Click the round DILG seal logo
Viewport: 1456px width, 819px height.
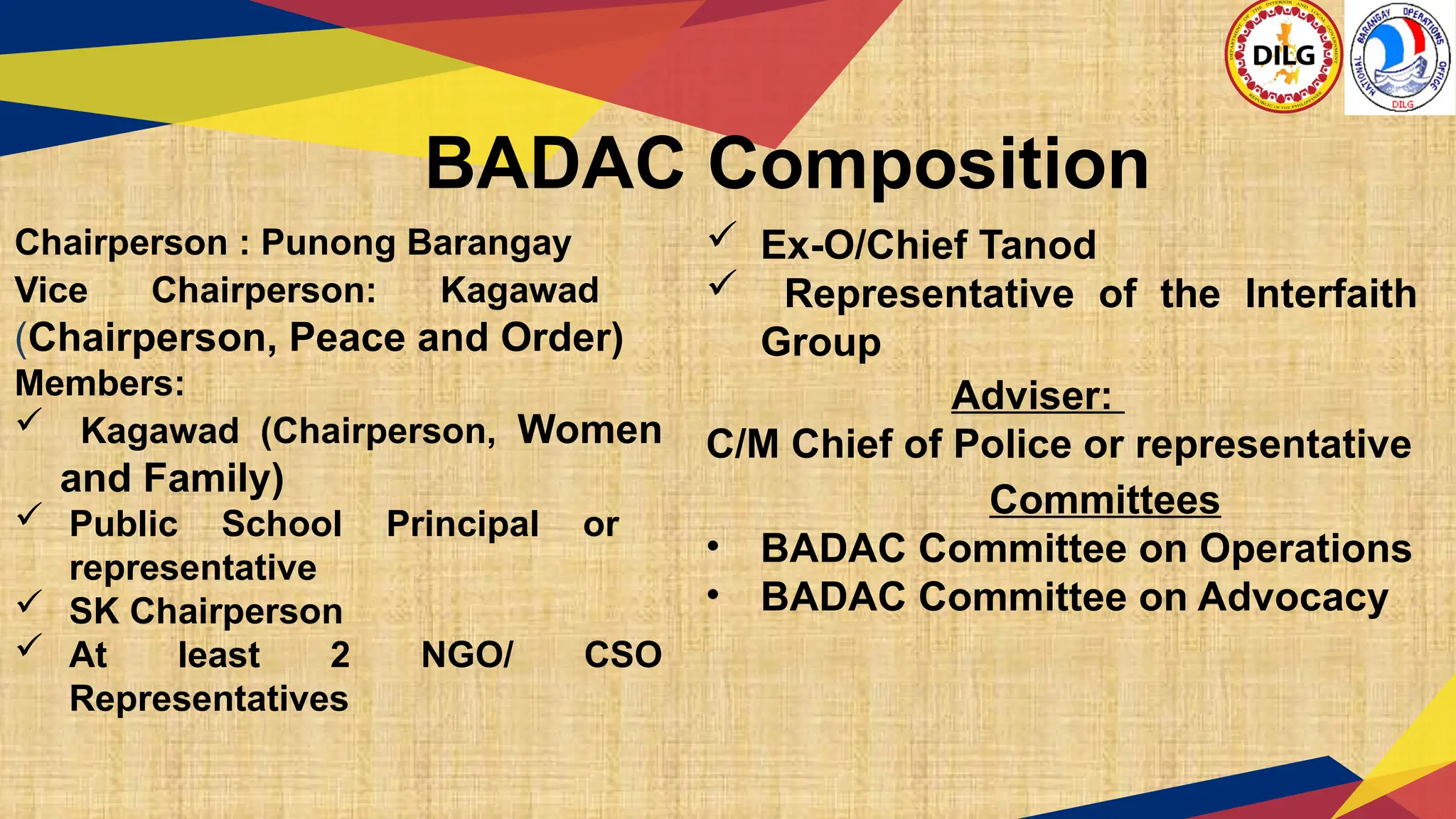1283,56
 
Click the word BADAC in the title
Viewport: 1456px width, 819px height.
555,164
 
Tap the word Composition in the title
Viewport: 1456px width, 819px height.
928,166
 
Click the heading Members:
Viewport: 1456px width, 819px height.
100,384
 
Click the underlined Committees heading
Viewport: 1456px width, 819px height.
1104,500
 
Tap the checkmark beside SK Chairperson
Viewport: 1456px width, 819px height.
30,603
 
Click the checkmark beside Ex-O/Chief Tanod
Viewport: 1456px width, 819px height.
722,235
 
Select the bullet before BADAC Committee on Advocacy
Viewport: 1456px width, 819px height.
713,596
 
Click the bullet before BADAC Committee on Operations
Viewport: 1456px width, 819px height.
713,547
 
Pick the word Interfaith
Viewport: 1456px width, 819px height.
1331,294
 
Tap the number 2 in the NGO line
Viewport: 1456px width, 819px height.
341,655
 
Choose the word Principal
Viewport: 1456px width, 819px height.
463,525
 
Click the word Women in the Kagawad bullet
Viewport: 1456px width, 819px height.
589,430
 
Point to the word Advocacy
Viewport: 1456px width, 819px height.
1292,597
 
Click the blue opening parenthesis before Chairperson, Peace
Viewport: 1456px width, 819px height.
21,338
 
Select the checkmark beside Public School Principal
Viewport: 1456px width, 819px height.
30,515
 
